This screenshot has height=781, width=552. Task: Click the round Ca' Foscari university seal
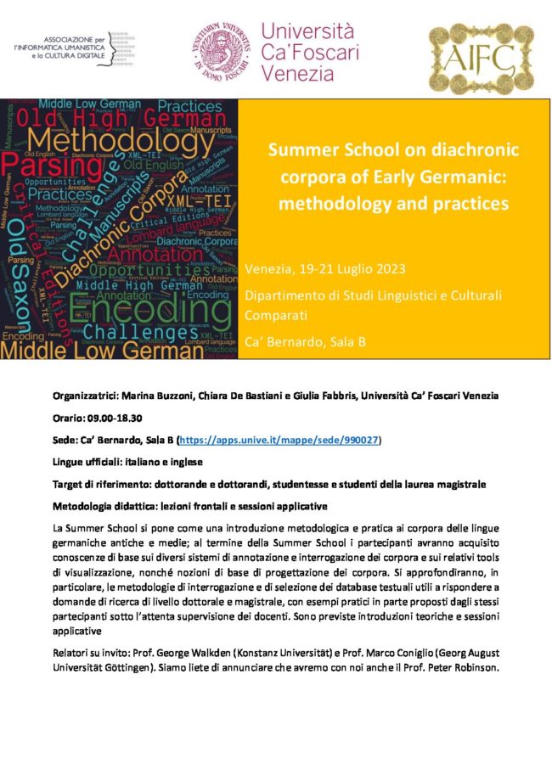(222, 50)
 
